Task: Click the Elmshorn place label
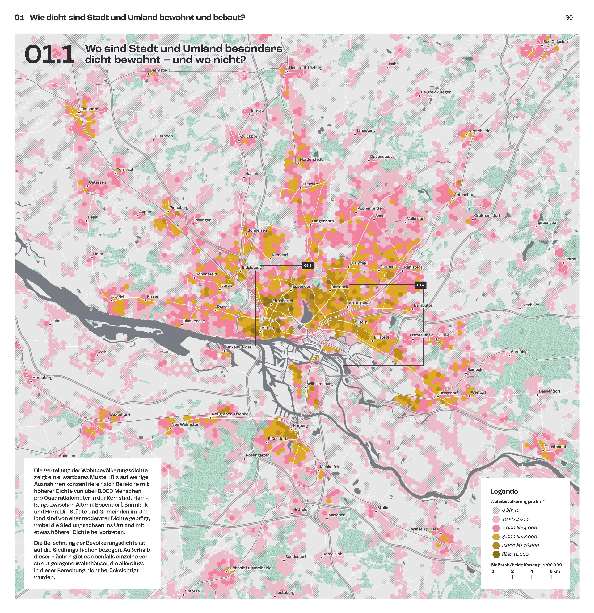[x=89, y=109]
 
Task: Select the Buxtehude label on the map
[x=120, y=414]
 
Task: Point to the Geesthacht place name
[x=555, y=447]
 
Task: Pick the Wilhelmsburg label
[x=320, y=384]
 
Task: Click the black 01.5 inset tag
[x=307, y=266]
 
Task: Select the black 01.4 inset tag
[x=420, y=285]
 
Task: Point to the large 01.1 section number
[x=49, y=55]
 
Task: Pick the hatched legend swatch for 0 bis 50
[x=496, y=510]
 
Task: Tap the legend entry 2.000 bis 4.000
[x=519, y=528]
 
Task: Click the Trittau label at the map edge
[x=571, y=259]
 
